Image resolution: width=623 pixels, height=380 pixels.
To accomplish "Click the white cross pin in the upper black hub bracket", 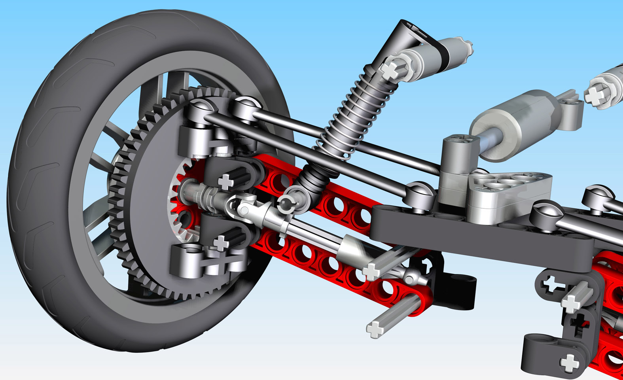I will pos(226,182).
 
